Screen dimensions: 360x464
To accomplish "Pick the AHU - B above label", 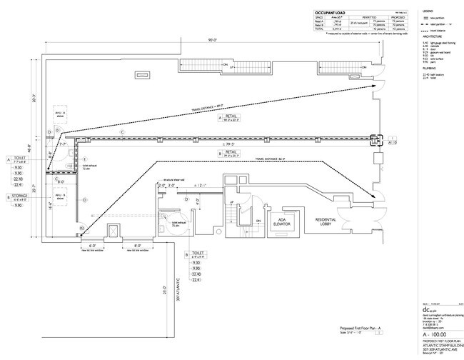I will coord(59,194).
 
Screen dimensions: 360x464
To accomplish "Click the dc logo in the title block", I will coord(427,309).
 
